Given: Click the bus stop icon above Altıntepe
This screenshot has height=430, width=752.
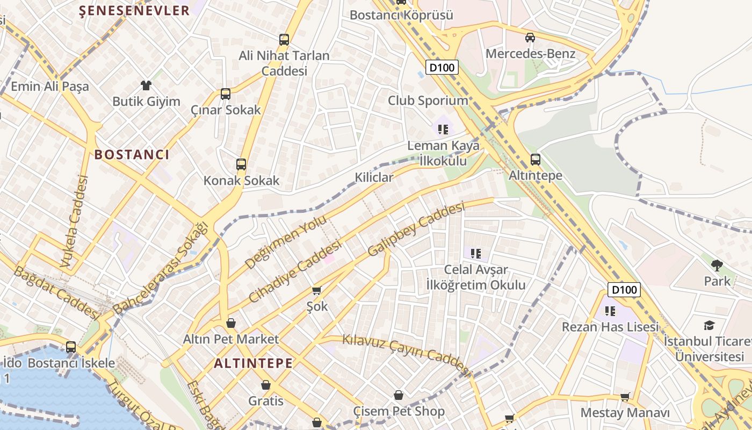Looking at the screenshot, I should [535, 160].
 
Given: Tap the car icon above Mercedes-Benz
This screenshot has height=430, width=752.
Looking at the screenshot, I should [530, 38].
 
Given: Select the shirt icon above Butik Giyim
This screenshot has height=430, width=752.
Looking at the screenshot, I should [146, 85].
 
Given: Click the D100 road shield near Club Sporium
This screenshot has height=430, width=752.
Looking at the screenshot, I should [442, 67].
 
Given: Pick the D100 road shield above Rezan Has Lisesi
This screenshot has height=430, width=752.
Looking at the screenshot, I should [625, 290].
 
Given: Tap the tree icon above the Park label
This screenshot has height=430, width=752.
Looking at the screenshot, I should [717, 265].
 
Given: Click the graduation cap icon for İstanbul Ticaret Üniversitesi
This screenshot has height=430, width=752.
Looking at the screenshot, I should [710, 325].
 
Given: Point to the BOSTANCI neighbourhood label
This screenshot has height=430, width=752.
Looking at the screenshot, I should [132, 155].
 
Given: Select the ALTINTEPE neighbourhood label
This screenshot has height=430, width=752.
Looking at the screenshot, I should [254, 363].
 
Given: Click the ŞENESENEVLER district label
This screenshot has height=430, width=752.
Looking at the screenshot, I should [134, 10].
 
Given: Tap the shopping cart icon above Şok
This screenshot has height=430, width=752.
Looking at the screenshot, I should [316, 291].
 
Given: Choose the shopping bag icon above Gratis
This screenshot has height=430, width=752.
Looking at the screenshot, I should [265, 385].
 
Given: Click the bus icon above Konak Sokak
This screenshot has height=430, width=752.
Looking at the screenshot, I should [241, 164].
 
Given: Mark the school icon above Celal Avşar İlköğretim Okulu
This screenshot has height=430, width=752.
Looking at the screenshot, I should [475, 253].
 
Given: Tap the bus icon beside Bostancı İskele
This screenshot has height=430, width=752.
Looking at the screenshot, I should [71, 347].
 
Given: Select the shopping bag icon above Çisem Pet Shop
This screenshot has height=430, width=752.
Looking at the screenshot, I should [399, 396].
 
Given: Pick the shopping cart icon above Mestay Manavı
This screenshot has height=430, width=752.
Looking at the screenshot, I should [625, 397].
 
